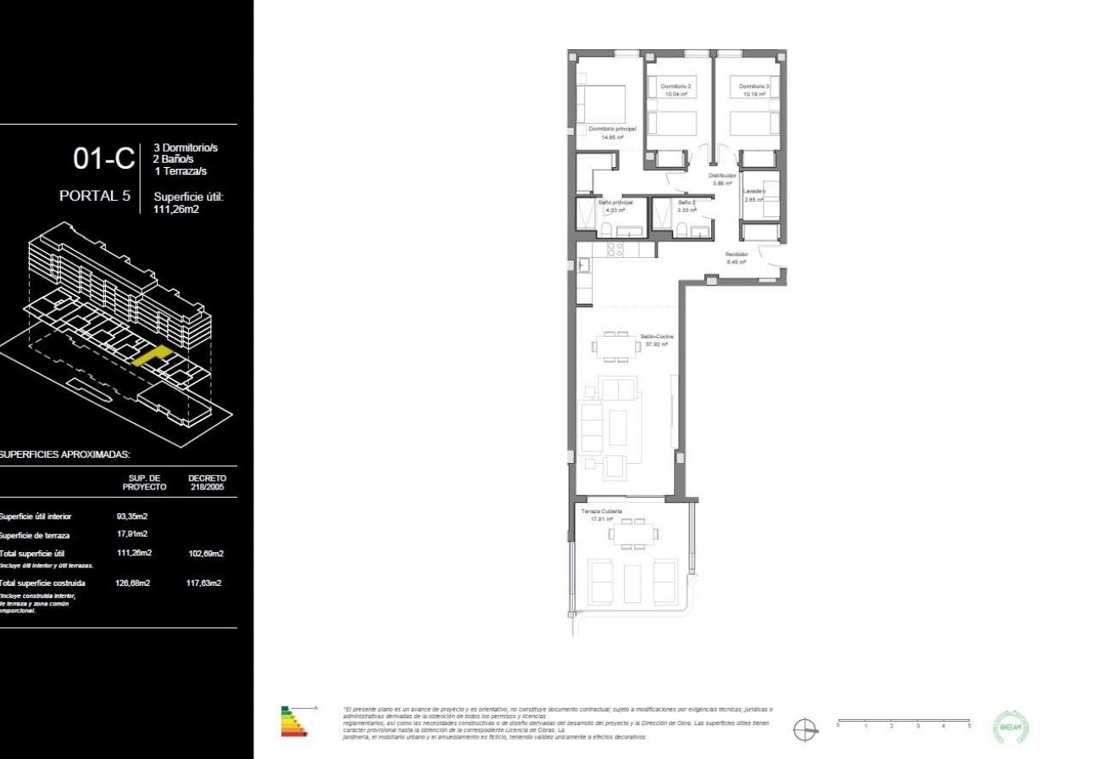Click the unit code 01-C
[x=103, y=159]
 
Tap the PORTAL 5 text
[x=95, y=196]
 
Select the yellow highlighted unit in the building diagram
[x=153, y=355]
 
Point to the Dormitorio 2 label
[x=676, y=87]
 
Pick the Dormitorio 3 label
[x=754, y=87]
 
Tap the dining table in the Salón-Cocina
[x=616, y=346]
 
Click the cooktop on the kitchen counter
[x=615, y=248]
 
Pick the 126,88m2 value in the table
[x=132, y=583]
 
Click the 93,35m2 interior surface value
[x=131, y=516]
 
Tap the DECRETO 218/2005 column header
[x=207, y=482]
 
